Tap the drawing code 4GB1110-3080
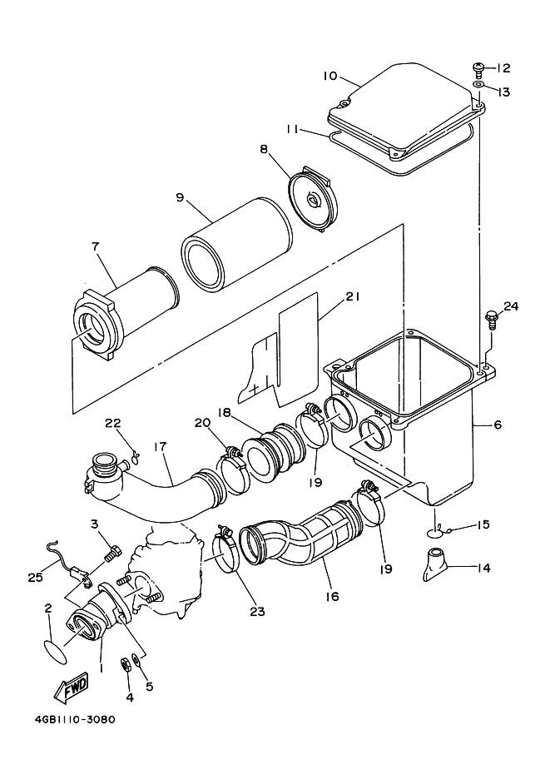pos(75,719)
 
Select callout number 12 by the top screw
pos(503,68)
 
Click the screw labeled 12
pos(478,69)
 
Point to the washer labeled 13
pos(478,85)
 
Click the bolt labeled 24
pos(490,320)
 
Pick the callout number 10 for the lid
pos(330,76)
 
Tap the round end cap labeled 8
pos(314,199)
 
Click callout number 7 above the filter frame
pos(95,246)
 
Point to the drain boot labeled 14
pos(435,564)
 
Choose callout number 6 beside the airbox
pos(498,425)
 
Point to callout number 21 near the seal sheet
pos(352,296)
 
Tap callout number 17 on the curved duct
pos(160,446)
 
